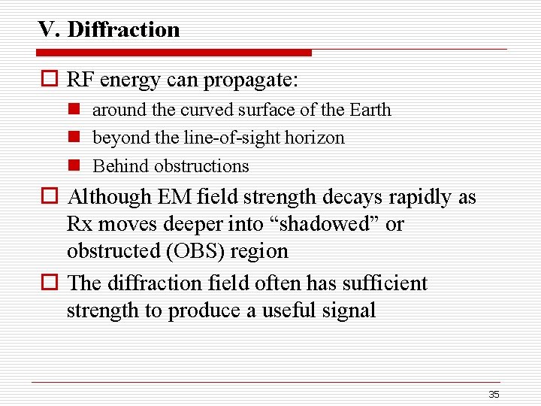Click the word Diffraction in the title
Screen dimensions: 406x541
pyautogui.click(x=123, y=29)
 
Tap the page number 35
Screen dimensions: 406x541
pyautogui.click(x=494, y=394)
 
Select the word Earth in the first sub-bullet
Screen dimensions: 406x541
pyautogui.click(x=370, y=110)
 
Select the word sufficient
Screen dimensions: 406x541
pyautogui.click(x=384, y=283)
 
